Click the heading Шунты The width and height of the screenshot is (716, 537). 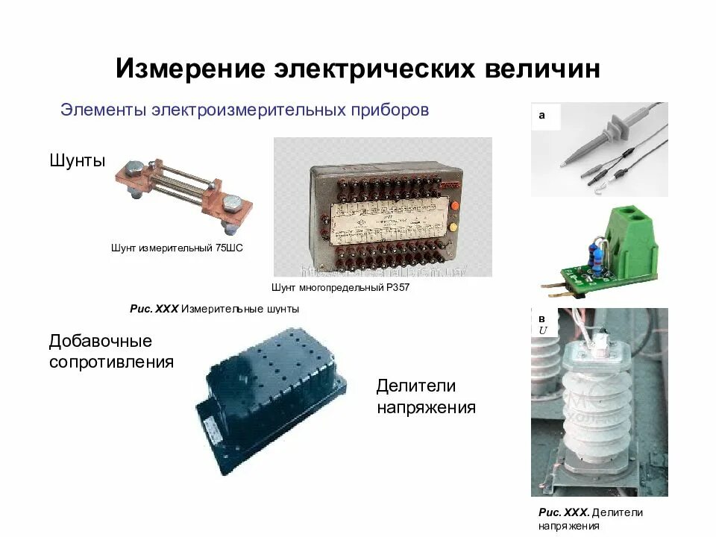78,160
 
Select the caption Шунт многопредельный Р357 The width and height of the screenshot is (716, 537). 341,287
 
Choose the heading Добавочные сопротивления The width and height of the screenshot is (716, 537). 111,351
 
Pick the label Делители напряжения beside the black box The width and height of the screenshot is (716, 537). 426,397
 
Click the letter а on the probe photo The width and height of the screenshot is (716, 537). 542,116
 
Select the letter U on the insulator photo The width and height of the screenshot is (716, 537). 543,330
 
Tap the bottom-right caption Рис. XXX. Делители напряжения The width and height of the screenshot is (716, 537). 590,519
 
